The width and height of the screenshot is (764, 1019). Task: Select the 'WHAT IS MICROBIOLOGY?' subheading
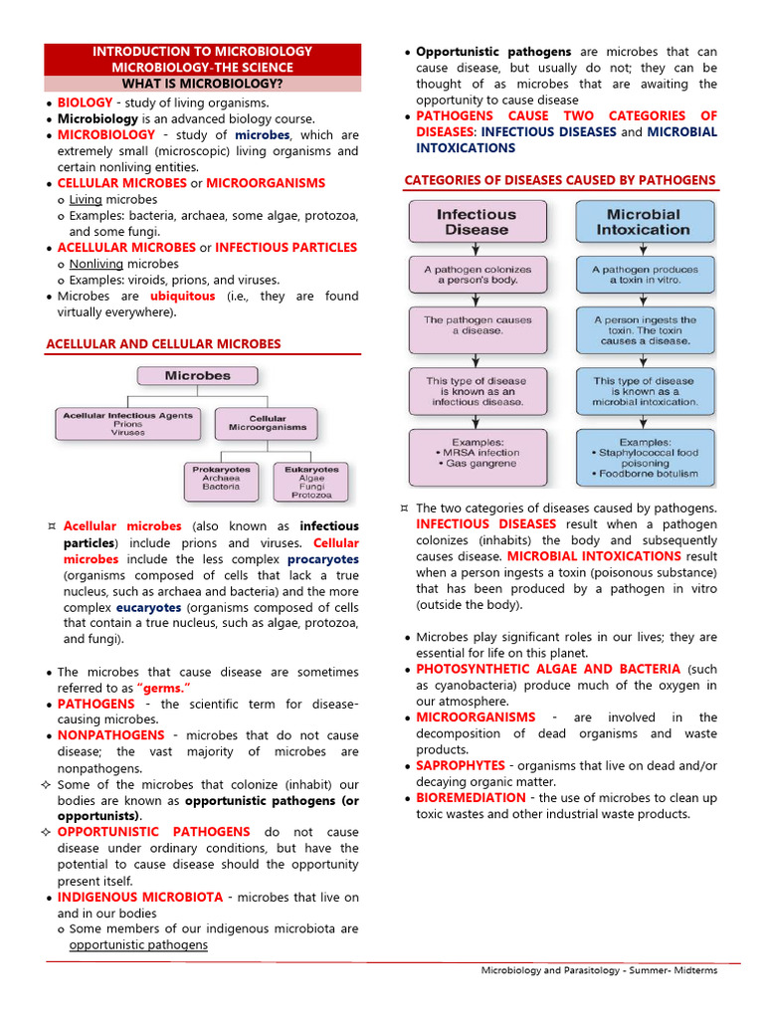[202, 84]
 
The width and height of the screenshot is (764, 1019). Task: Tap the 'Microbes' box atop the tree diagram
[197, 376]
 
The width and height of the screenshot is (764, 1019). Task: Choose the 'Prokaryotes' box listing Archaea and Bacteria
[221, 481]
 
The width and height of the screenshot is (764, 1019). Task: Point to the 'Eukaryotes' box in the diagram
[311, 481]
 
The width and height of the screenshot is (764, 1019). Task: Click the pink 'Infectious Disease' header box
[477, 222]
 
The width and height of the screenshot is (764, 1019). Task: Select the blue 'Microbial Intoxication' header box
[644, 222]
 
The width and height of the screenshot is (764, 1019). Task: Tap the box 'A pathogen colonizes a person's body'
[477, 276]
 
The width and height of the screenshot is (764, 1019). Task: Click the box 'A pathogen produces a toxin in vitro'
[644, 276]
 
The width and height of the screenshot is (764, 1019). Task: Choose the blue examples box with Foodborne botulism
[644, 457]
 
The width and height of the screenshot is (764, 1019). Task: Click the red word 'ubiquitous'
[182, 297]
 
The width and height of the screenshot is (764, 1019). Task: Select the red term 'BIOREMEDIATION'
[472, 798]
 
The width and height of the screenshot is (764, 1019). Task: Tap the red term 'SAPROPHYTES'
[461, 766]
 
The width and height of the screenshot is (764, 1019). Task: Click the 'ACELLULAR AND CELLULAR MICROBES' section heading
[164, 344]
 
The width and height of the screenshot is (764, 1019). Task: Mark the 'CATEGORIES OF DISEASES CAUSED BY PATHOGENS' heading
[559, 180]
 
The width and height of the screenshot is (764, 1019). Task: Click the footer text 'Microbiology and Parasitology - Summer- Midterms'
[599, 970]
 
